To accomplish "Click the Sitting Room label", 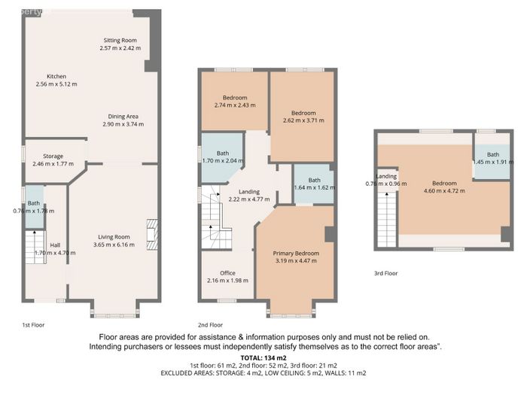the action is point(120,41).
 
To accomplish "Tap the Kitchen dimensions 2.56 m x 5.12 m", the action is point(56,84).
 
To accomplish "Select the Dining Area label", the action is point(123,117).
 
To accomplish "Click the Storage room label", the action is point(53,156).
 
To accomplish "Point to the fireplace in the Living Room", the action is point(152,235).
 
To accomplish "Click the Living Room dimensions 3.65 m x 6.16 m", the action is point(114,245).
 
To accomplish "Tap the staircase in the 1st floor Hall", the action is point(35,247).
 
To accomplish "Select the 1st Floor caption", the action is point(33,325).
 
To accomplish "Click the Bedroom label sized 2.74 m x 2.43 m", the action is point(235,98).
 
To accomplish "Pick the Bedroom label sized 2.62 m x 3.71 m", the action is point(303,113).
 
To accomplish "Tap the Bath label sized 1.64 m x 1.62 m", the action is point(314,180).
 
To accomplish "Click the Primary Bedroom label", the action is point(296,254).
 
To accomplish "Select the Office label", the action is point(227,273).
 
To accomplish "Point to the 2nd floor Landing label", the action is point(249,192).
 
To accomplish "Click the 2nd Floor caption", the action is point(210,325).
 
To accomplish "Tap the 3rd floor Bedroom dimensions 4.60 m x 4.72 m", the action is point(444,191).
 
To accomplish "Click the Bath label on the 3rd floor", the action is point(493,154).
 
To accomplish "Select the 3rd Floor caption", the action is point(385,273).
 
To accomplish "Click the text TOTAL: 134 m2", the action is point(263,358).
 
